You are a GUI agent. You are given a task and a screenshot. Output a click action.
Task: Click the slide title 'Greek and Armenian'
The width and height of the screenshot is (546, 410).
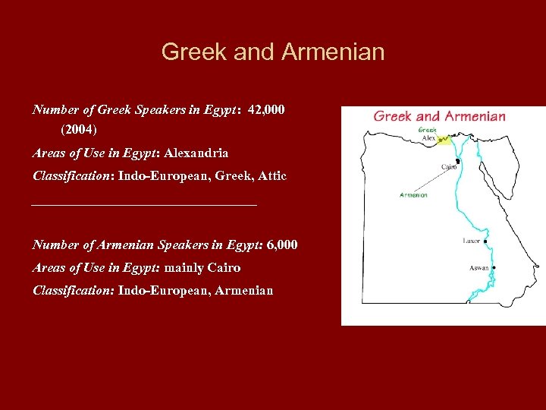pos(273,52)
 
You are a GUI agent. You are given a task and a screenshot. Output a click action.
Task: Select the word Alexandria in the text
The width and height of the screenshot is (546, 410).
pos(196,153)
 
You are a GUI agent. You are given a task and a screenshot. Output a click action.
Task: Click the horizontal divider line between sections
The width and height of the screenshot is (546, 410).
pos(144,204)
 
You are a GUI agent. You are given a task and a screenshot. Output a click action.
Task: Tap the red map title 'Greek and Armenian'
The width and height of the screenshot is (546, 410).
pos(439,116)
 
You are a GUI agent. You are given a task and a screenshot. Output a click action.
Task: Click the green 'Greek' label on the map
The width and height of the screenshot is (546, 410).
pos(428,129)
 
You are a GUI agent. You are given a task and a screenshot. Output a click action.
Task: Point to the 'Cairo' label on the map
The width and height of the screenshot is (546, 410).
pos(448,166)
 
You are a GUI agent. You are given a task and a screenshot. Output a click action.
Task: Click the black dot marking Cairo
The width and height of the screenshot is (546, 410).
pos(458,160)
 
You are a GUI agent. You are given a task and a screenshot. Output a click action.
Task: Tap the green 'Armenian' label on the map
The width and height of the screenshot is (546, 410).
pos(413,196)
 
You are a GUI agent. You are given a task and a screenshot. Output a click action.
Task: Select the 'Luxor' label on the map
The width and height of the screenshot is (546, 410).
pos(472,241)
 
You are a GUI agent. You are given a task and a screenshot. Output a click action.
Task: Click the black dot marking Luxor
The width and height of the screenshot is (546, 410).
pos(485,243)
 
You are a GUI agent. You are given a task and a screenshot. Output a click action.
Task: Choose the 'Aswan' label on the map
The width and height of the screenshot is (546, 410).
pos(479,268)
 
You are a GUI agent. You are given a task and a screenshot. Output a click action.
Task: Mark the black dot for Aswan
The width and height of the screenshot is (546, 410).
pos(494,267)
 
